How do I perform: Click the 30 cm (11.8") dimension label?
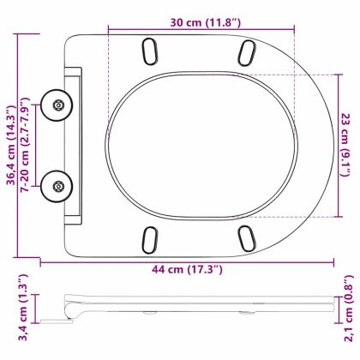(206, 22)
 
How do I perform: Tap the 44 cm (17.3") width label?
(187, 269)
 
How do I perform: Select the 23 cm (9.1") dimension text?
(346, 145)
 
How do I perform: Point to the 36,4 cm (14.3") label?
(12, 145)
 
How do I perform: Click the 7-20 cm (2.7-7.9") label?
(26, 145)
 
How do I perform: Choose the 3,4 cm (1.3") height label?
(23, 308)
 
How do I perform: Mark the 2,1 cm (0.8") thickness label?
(349, 309)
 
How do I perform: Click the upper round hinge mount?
(57, 105)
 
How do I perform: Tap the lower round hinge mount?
(57, 187)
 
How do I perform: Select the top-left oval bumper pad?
(150, 51)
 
